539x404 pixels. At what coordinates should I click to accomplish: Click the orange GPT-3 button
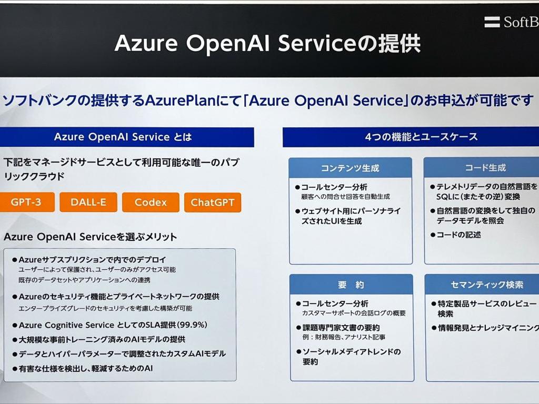tap(26, 203)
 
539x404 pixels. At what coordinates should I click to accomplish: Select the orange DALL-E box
tap(88, 203)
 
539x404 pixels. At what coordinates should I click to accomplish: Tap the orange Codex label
tap(151, 203)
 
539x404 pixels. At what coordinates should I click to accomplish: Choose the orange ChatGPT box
tap(213, 203)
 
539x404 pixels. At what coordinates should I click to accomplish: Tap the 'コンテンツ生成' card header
tap(350, 168)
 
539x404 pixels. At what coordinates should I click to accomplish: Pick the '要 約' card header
tap(351, 285)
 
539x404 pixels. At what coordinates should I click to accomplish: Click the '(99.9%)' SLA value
tap(192, 325)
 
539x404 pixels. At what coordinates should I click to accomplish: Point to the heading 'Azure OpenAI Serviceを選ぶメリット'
tap(91, 237)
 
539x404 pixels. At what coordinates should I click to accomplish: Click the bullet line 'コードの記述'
tap(458, 235)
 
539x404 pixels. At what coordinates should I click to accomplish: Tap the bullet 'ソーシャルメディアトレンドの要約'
tap(351, 357)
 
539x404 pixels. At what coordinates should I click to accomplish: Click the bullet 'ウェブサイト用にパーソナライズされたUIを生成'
tap(351, 216)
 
